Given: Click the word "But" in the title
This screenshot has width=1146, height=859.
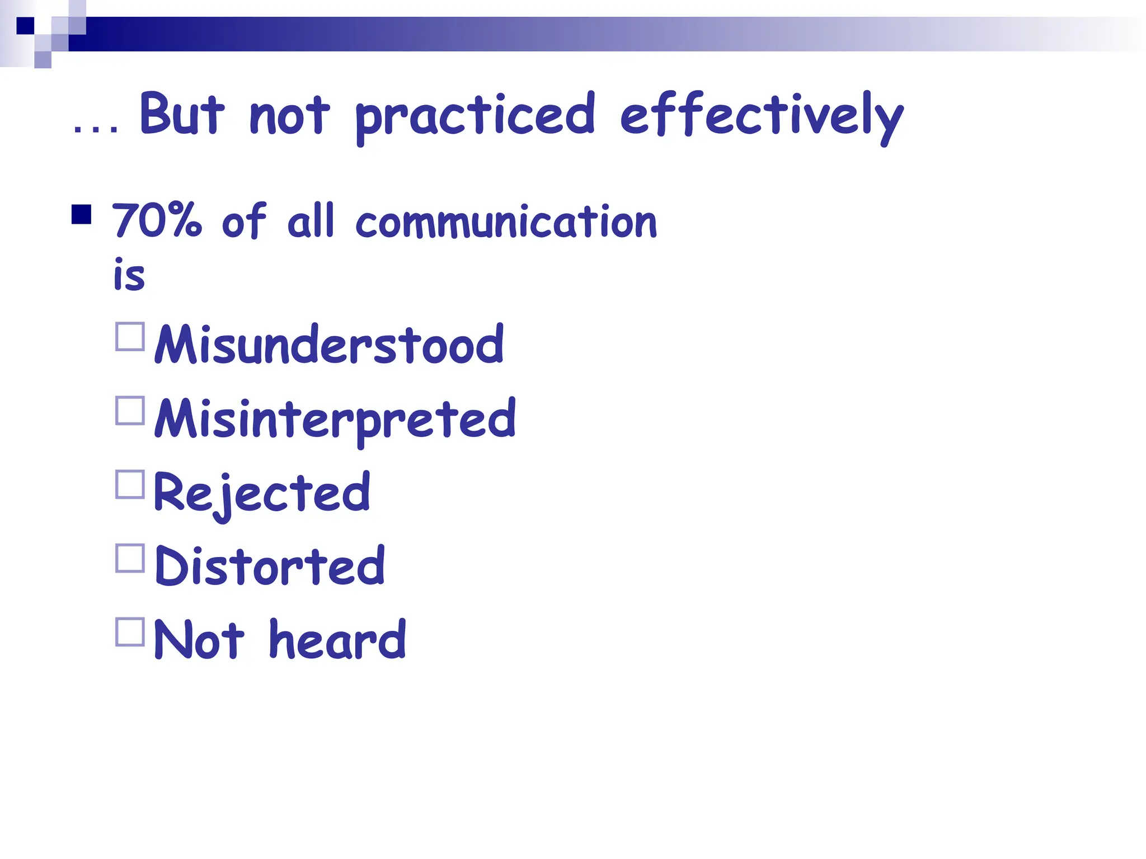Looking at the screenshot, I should click(182, 114).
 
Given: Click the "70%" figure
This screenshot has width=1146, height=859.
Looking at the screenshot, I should click(157, 220).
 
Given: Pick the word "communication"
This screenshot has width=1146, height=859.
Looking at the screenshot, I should click(506, 221).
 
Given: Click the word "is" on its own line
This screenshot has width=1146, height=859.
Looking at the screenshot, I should click(129, 275).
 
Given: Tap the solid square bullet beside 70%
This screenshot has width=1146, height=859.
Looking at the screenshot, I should click(82, 214).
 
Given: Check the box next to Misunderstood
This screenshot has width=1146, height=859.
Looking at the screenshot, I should click(130, 336).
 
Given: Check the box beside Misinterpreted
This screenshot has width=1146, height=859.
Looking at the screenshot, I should click(130, 410).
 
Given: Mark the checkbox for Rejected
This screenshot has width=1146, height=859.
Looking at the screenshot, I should click(130, 484).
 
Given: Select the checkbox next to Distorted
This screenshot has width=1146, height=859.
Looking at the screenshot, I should click(130, 558).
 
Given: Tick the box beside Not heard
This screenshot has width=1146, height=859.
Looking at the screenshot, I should click(130, 632).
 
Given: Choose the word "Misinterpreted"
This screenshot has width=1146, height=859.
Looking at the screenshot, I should click(335, 419).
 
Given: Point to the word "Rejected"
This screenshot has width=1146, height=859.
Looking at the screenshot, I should click(261, 493).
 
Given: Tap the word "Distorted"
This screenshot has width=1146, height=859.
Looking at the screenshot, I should click(270, 566).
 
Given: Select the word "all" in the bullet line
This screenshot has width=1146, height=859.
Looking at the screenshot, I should click(311, 220).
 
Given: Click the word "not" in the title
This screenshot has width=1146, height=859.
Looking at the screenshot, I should click(289, 115).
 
